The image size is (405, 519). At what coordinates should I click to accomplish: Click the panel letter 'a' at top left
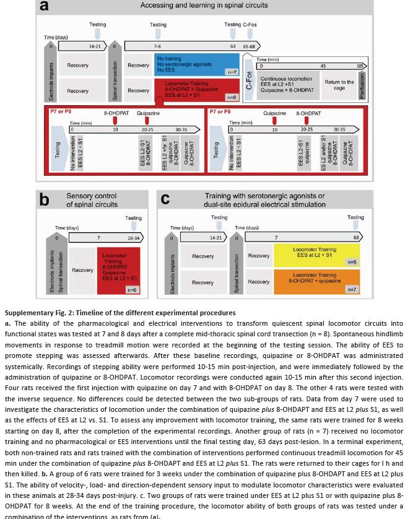tap(45, 6)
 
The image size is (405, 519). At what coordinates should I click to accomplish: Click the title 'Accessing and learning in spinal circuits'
tap(204, 6)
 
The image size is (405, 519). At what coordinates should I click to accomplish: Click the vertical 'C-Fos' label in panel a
tap(249, 85)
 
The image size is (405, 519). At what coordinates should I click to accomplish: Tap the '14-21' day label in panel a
tap(95, 46)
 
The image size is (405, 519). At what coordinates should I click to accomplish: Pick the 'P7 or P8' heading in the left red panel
tap(61, 112)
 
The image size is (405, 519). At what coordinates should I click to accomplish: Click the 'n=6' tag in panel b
tap(131, 289)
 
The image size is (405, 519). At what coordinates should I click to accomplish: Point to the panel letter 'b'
tap(44, 199)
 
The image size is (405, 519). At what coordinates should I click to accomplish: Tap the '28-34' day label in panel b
tap(133, 238)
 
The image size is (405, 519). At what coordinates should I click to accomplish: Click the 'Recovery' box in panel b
tap(82, 270)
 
